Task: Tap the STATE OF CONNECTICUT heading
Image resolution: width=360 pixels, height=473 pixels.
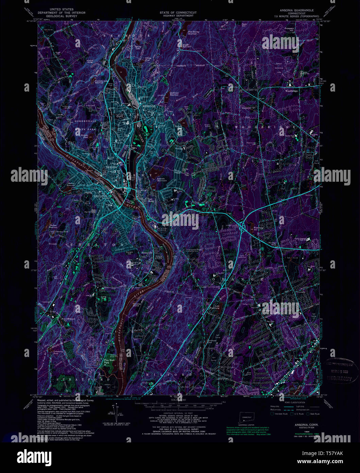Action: point(178,13)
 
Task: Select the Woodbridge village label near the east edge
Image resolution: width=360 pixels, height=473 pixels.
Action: point(291,91)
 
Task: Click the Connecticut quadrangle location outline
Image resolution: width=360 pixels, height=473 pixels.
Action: point(245,415)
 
